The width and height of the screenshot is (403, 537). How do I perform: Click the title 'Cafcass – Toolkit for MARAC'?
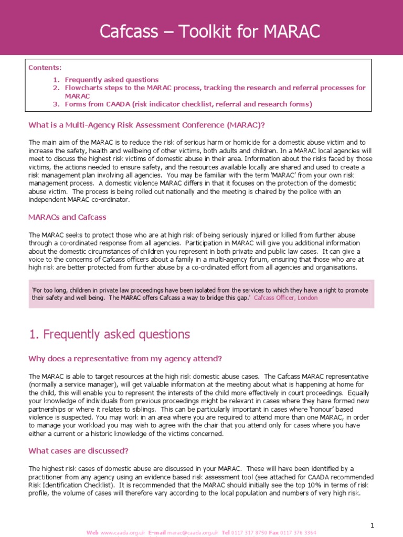[210, 31]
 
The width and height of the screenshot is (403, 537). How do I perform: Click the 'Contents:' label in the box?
[45, 68]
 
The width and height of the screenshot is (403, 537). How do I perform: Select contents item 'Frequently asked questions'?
[111, 80]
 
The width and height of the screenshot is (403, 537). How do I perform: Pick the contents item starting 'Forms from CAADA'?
[188, 104]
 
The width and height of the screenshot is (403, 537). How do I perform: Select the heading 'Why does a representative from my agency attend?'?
[125, 359]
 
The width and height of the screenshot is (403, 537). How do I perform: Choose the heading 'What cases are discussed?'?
[78, 451]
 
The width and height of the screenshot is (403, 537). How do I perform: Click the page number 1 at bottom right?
[372, 525]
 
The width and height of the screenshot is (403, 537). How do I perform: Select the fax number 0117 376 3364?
[300, 533]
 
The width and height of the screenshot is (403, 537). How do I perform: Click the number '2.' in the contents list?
[57, 88]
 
